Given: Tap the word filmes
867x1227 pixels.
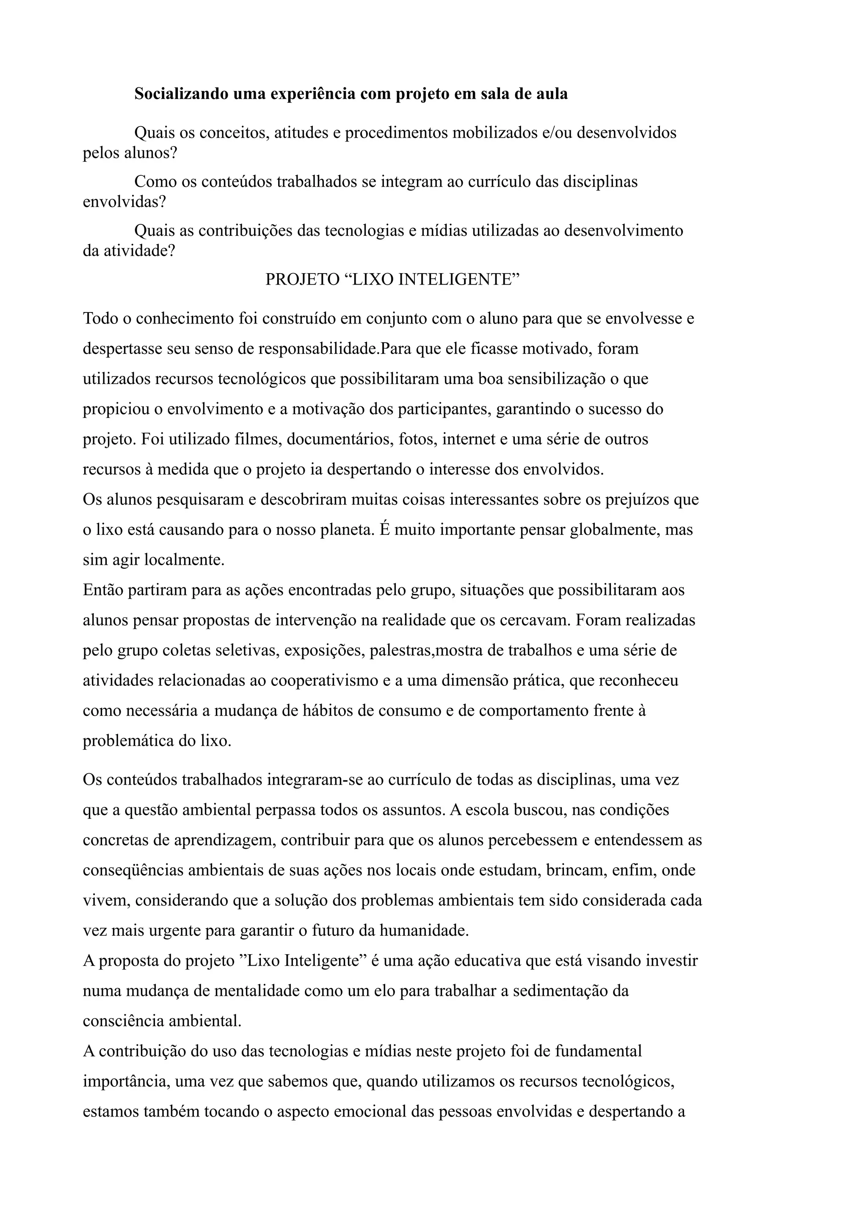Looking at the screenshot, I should coord(259,439).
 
